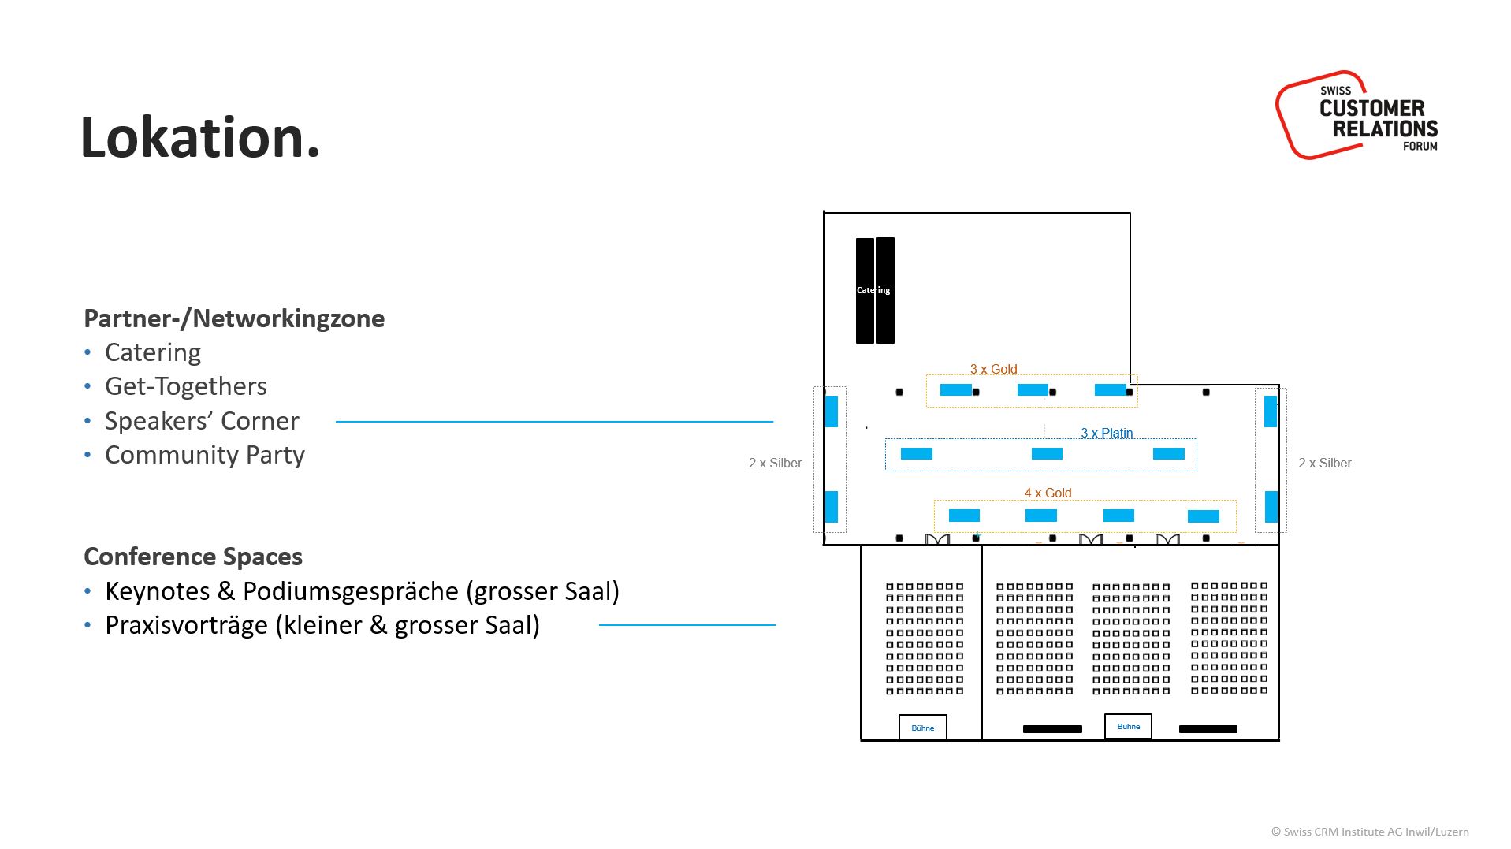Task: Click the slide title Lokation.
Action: [x=199, y=138]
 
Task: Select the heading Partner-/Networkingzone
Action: [x=234, y=318]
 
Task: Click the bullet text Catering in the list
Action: [x=153, y=352]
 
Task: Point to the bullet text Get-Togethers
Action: [x=186, y=386]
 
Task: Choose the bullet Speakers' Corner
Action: [x=202, y=421]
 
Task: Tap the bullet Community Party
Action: [x=205, y=455]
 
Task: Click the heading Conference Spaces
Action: [x=193, y=557]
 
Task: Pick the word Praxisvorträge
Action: [x=187, y=625]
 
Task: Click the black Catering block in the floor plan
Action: [x=875, y=290]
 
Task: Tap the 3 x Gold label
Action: [x=993, y=369]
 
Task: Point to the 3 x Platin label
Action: [x=1107, y=433]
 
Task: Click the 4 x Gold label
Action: [x=1048, y=493]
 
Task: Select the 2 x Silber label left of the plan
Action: [x=775, y=463]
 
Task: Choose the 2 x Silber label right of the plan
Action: [x=1324, y=463]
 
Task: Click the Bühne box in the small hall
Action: [x=922, y=728]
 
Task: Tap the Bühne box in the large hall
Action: [x=1128, y=726]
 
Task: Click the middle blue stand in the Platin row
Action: [x=1047, y=453]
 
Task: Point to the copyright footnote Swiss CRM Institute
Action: [x=1369, y=832]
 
